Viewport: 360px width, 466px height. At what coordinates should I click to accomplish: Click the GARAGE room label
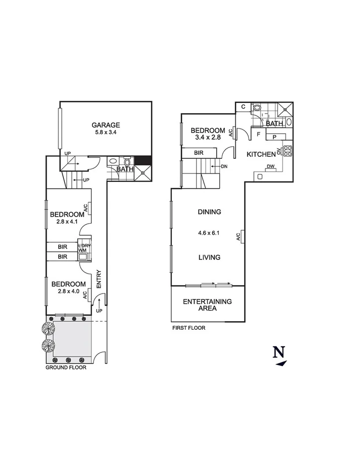106,125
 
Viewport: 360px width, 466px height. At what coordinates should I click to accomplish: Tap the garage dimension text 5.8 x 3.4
106,133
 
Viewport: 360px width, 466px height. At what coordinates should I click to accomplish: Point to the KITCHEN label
261,154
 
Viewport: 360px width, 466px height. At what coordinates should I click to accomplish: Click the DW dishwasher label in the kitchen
271,167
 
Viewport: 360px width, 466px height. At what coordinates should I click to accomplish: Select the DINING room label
210,212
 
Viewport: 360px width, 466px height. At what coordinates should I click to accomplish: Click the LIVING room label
210,257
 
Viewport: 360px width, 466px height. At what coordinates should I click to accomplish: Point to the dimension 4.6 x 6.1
210,233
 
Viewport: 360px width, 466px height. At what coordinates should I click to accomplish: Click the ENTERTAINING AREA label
207,305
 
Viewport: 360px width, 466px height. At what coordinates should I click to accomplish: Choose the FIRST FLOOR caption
189,328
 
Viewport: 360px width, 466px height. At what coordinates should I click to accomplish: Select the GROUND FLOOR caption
66,367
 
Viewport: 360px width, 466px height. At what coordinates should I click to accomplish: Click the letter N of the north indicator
279,352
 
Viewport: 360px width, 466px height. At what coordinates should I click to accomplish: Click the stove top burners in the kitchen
288,151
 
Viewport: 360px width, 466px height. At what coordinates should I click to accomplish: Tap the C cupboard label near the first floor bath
242,107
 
